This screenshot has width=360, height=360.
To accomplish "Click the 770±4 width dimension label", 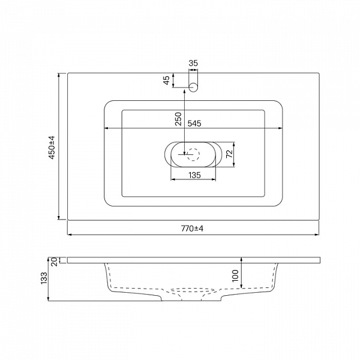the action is pyautogui.click(x=192, y=229).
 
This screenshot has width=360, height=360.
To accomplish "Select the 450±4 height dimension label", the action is pyautogui.click(x=52, y=148).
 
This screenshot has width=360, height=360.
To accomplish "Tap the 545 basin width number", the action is pyautogui.click(x=194, y=124).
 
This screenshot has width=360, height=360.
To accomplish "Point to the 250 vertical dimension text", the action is pyautogui.click(x=178, y=119).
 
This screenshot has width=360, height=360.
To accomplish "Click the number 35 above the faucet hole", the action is pyautogui.click(x=193, y=63).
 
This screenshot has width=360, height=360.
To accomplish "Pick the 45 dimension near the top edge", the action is pyautogui.click(x=166, y=80).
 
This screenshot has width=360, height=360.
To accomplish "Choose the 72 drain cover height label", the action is pyautogui.click(x=229, y=154).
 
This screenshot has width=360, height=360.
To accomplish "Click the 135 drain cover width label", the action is pyautogui.click(x=194, y=175).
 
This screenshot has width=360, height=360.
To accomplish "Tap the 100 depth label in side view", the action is pyautogui.click(x=235, y=275).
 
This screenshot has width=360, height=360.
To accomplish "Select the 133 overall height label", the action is pyautogui.click(x=44, y=278).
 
